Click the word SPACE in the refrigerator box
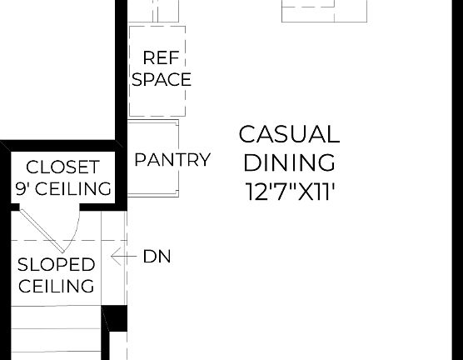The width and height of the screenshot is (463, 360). [x=162, y=80]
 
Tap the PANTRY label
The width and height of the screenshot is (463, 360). [x=172, y=159]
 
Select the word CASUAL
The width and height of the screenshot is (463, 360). [x=289, y=134]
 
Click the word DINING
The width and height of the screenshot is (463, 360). [x=289, y=162]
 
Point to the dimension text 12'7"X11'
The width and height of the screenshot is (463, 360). [x=289, y=191]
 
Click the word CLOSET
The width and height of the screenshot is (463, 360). [x=62, y=167]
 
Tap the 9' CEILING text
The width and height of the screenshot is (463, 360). [x=62, y=188]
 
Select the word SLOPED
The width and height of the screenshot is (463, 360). [x=57, y=265]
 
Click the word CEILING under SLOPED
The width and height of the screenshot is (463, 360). [x=57, y=287]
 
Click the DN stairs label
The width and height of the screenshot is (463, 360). [x=157, y=257]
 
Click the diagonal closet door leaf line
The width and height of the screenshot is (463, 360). [x=40, y=228]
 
